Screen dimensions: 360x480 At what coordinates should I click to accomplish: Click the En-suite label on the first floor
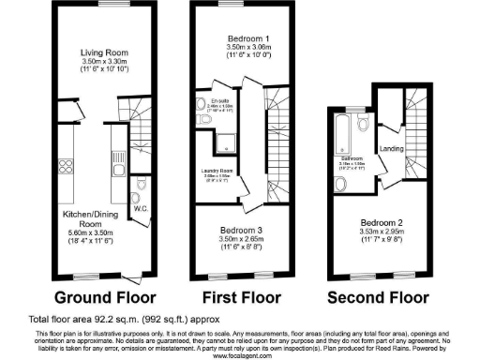coord(220,100)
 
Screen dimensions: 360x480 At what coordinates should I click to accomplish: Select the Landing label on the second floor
coord(392,148)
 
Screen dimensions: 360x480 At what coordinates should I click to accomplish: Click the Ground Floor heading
coord(91,298)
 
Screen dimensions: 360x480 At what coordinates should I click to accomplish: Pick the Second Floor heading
coord(382,298)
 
